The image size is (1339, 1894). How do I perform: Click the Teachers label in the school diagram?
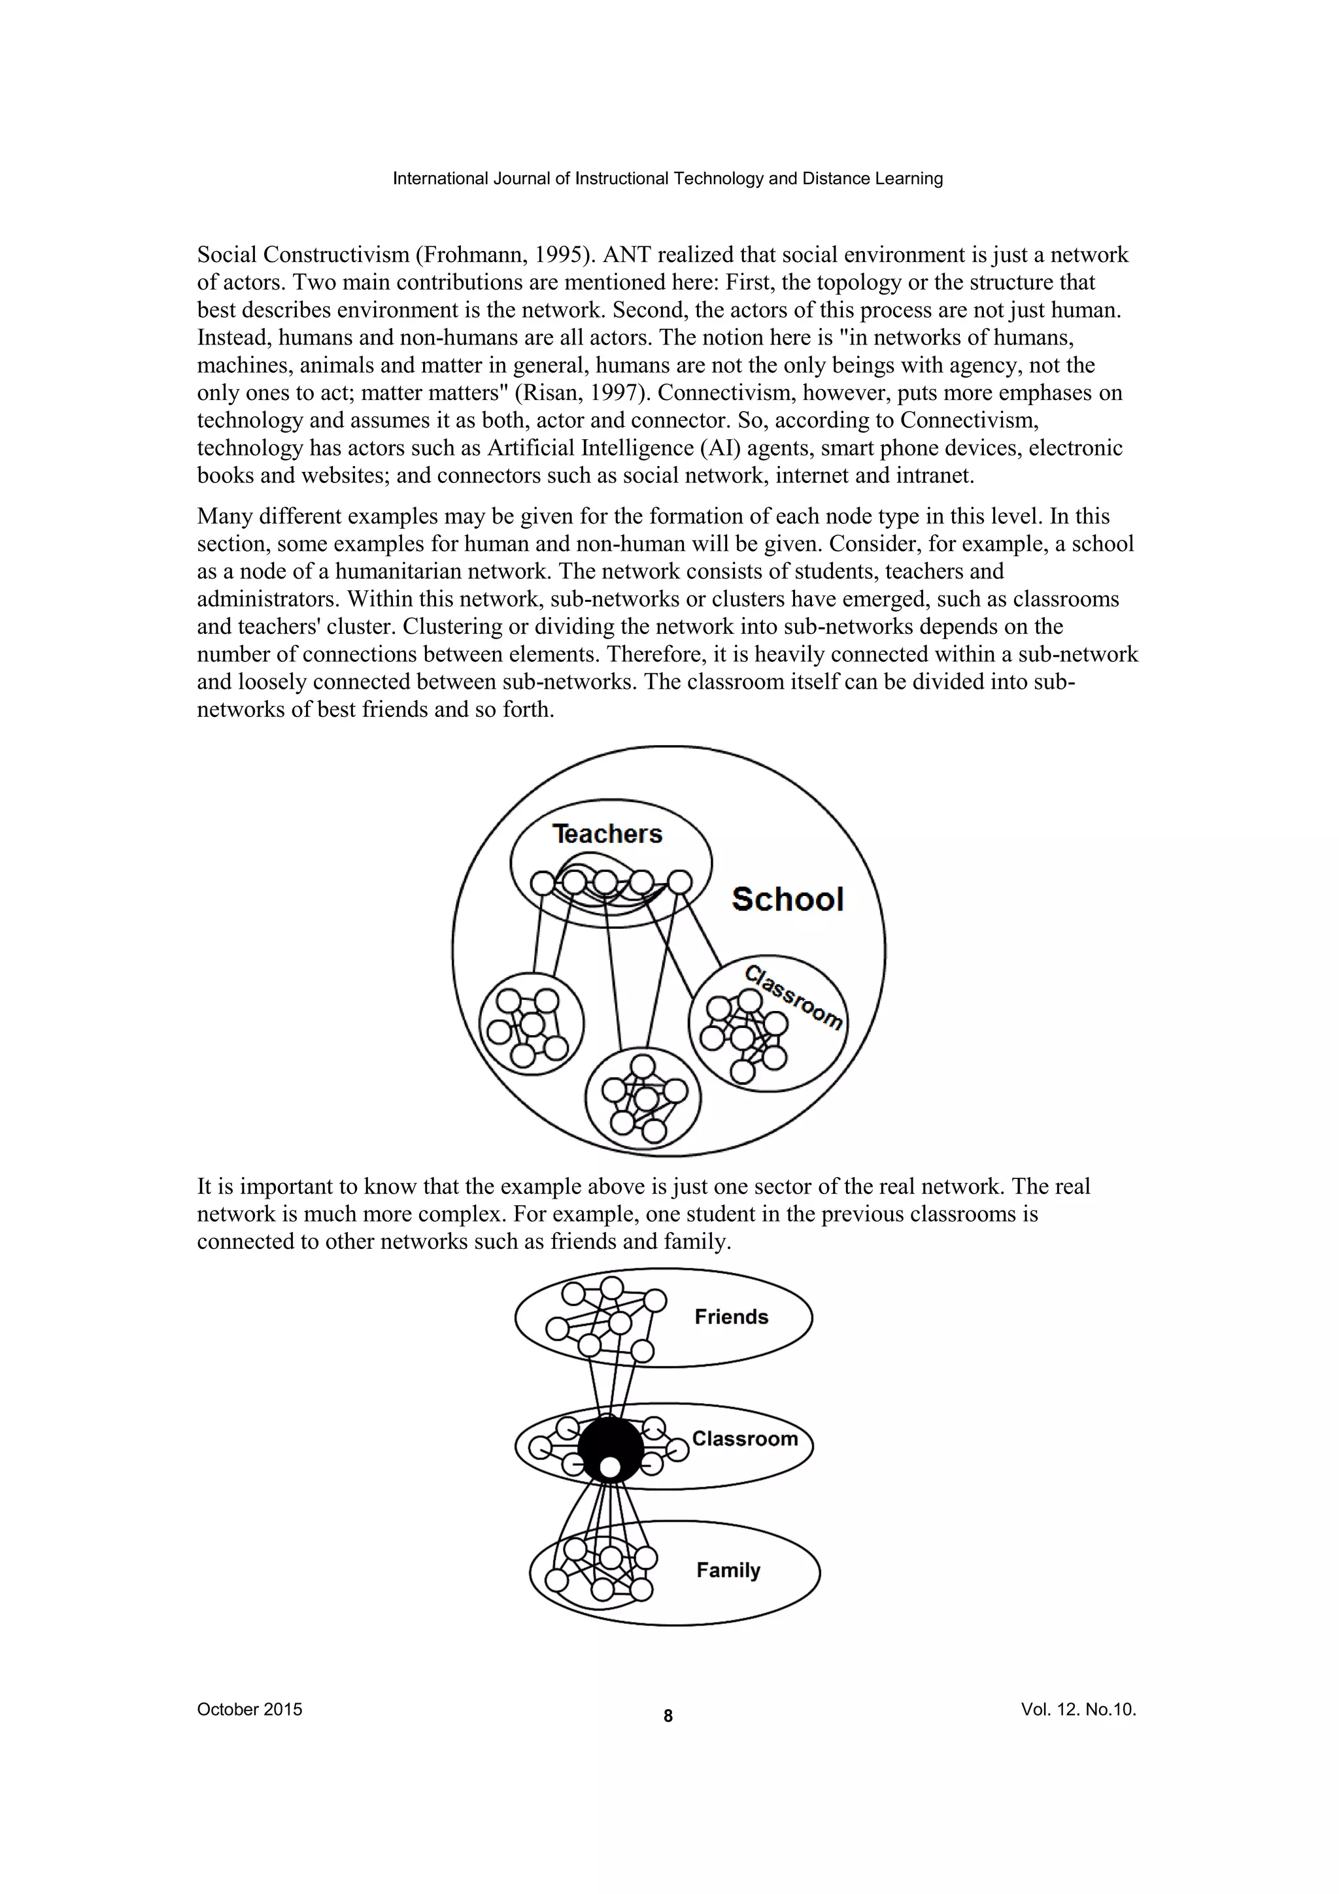pyautogui.click(x=607, y=834)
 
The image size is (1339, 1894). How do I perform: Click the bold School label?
pyautogui.click(x=787, y=899)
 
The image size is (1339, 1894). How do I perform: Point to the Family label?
pyautogui.click(x=728, y=1570)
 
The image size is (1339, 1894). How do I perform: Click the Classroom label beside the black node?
pyautogui.click(x=745, y=1438)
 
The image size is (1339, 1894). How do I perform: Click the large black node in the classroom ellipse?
pyautogui.click(x=610, y=1444)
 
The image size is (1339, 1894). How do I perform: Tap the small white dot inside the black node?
pyautogui.click(x=610, y=1467)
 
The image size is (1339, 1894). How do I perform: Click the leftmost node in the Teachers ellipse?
pyautogui.click(x=542, y=884)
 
